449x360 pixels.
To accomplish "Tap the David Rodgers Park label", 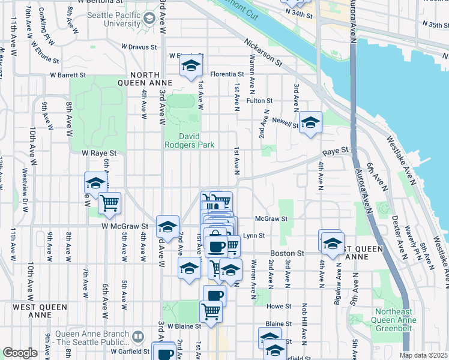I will [x=190, y=140].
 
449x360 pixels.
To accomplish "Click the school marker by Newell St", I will [x=310, y=122].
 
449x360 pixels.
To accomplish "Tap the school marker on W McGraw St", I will [x=167, y=226].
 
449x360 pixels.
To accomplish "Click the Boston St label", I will [x=284, y=254].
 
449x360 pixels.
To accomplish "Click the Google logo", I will [x=19, y=353].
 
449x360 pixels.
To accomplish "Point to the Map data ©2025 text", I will [x=423, y=355].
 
